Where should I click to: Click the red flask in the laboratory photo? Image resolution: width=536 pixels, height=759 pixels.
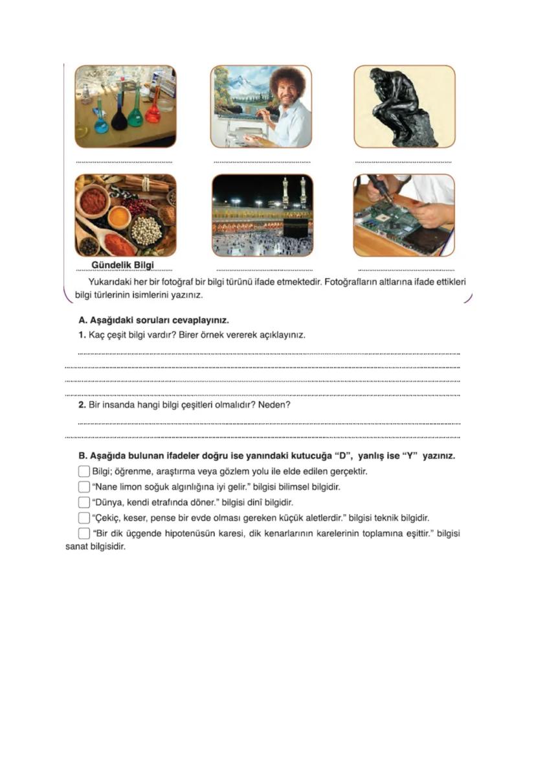(x=153, y=111)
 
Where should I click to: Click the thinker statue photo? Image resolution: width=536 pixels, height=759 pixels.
(x=404, y=106)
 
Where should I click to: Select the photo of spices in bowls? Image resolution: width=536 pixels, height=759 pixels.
(x=125, y=215)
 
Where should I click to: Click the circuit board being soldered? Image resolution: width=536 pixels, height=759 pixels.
(x=396, y=220)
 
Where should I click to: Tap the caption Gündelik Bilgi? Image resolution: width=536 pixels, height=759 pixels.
(x=125, y=265)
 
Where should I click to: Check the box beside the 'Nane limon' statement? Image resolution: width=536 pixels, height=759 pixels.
(x=84, y=486)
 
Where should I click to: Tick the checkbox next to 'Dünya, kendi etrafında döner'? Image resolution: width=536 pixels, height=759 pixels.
(x=84, y=502)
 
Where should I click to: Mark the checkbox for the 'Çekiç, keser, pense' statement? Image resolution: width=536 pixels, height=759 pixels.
(x=84, y=518)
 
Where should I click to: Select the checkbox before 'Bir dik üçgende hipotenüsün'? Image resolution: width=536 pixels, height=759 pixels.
(x=84, y=533)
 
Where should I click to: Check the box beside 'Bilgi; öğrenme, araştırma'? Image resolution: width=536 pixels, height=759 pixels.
(x=84, y=471)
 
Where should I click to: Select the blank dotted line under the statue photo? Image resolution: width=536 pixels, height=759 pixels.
(x=403, y=162)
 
